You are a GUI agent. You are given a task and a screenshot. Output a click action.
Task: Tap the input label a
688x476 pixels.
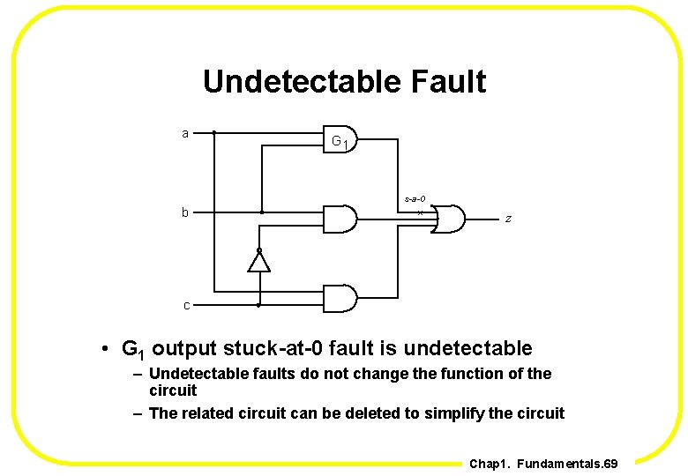click(185, 133)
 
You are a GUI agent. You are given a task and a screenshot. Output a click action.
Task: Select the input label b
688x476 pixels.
click(185, 212)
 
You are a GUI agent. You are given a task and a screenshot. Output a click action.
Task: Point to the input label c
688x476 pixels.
click(186, 306)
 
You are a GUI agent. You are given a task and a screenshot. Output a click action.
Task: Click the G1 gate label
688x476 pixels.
click(342, 142)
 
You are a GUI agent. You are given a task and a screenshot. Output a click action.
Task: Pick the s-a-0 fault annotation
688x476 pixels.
click(415, 199)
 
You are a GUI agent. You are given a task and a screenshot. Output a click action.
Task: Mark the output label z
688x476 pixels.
click(506, 218)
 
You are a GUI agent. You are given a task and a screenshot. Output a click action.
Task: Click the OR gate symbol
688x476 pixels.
click(449, 218)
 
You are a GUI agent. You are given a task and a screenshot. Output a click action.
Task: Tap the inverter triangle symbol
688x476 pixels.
click(258, 261)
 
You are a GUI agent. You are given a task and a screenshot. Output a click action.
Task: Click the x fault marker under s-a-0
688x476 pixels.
click(420, 212)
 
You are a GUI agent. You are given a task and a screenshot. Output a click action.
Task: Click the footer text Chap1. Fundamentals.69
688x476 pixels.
click(543, 463)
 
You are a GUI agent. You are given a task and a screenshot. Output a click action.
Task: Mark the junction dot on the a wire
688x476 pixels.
click(214, 133)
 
